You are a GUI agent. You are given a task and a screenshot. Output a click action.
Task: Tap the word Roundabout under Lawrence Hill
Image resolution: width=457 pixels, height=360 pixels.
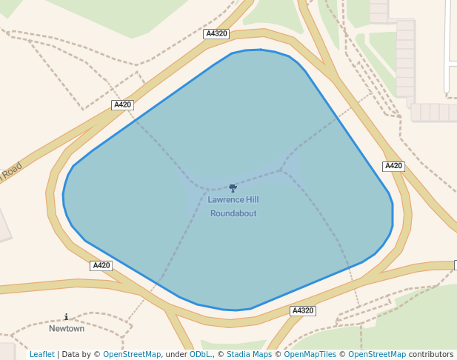(x=233, y=213)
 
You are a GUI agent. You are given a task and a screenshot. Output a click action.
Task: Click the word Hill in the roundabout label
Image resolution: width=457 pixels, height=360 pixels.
(x=252, y=200)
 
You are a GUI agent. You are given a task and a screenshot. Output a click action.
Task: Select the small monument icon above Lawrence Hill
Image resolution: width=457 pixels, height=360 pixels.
(x=233, y=188)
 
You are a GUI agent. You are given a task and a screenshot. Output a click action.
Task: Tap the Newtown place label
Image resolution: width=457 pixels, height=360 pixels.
(x=67, y=328)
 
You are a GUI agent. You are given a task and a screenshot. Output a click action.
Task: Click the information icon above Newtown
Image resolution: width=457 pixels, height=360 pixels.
(x=67, y=317)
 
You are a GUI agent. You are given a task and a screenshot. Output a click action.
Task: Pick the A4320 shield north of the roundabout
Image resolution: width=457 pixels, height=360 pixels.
(x=216, y=34)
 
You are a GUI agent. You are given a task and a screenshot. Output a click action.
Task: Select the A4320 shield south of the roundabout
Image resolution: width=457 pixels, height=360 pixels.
(x=303, y=310)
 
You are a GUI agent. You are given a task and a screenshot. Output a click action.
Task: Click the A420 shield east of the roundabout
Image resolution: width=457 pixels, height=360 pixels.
(x=393, y=166)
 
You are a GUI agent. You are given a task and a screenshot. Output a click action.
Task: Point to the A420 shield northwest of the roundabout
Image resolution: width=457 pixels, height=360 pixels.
(x=122, y=104)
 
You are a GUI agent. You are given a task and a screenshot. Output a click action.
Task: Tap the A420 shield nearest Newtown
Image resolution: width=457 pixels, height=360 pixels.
(x=101, y=265)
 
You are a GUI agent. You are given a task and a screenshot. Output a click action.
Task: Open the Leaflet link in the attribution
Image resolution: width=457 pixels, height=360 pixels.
(x=42, y=354)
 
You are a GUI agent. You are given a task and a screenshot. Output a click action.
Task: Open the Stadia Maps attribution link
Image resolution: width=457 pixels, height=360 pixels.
(x=250, y=354)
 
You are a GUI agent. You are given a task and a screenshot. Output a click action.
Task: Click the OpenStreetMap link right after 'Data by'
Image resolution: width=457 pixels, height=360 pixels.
(x=132, y=354)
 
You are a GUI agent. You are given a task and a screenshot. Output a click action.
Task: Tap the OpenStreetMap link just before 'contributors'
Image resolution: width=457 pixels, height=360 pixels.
(x=377, y=354)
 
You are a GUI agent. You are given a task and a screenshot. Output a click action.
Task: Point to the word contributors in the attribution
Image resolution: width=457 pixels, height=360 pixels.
(x=431, y=354)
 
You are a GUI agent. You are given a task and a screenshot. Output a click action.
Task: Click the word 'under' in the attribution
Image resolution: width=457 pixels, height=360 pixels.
(x=176, y=354)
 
